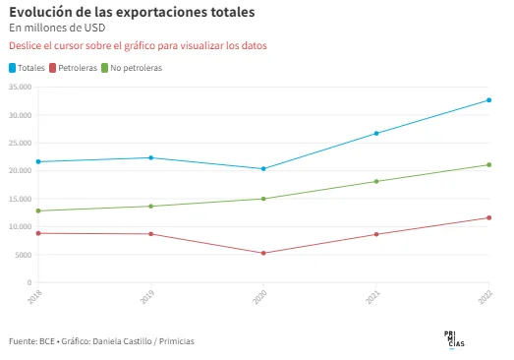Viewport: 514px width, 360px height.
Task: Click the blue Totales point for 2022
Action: pyautogui.click(x=488, y=100)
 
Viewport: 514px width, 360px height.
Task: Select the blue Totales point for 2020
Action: pyautogui.click(x=263, y=168)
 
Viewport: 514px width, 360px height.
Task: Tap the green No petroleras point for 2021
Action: pyautogui.click(x=376, y=182)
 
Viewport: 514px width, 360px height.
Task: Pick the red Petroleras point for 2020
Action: pyautogui.click(x=263, y=253)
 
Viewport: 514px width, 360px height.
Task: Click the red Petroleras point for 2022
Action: pyautogui.click(x=488, y=217)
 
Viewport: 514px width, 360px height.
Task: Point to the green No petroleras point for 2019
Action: pyautogui.click(x=151, y=207)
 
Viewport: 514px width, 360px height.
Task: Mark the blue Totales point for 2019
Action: pyautogui.click(x=151, y=157)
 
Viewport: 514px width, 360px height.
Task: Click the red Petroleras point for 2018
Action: pyautogui.click(x=38, y=233)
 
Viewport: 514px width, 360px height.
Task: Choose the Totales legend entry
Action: pyautogui.click(x=27, y=68)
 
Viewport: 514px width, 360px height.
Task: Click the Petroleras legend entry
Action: pyautogui.click(x=73, y=68)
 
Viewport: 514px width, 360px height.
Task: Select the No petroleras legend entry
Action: pyautogui.click(x=132, y=68)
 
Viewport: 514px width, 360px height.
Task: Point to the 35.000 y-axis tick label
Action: pyautogui.click(x=21, y=87)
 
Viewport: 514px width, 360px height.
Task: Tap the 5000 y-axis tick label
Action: pyautogui.click(x=23, y=255)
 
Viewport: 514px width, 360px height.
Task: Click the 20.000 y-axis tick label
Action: pyautogui.click(x=21, y=170)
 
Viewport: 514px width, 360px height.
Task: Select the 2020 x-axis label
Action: pyautogui.click(x=259, y=297)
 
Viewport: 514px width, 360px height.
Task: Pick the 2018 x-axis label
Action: pyautogui.click(x=34, y=297)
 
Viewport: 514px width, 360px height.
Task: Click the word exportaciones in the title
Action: pyautogui.click(x=160, y=13)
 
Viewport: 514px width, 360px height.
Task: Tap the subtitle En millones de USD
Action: pyautogui.click(x=57, y=28)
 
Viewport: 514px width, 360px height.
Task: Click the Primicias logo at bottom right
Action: pyautogui.click(x=454, y=339)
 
